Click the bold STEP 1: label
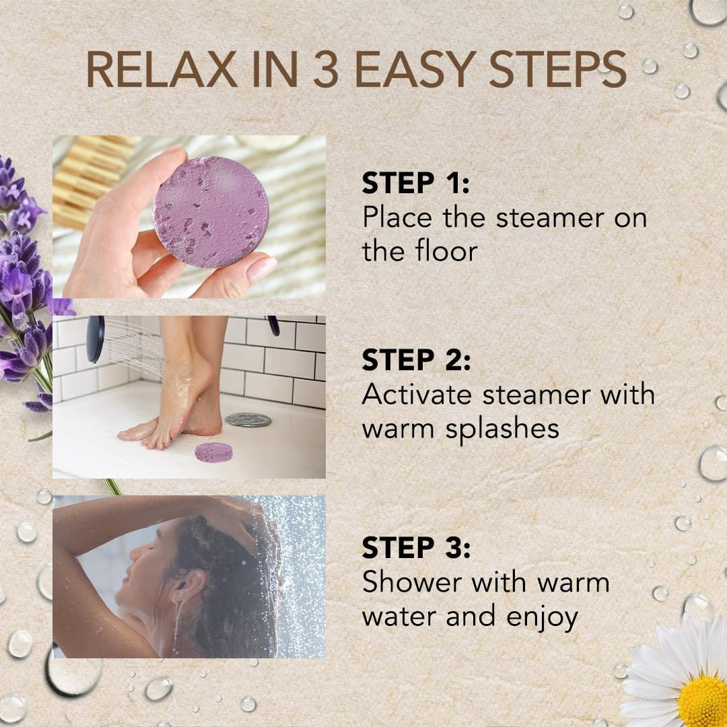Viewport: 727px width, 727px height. point(416,184)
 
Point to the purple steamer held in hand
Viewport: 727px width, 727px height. point(211,211)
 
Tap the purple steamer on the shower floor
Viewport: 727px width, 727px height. point(214,452)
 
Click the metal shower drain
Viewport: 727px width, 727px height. point(248,420)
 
